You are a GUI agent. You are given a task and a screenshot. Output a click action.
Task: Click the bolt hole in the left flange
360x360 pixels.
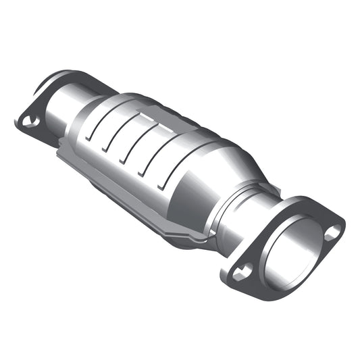(x=28, y=122)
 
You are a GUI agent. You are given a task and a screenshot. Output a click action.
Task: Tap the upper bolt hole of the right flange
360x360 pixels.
(x=330, y=233)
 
